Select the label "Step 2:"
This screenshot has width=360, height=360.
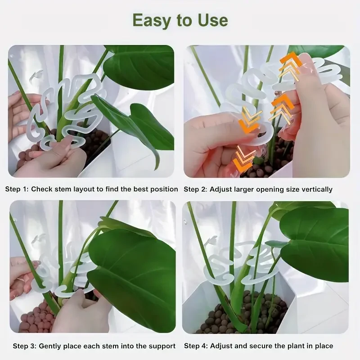click(x=195, y=189)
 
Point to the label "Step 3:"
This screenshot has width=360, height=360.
click(x=25, y=346)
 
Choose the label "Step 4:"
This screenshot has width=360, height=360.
click(x=196, y=346)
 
